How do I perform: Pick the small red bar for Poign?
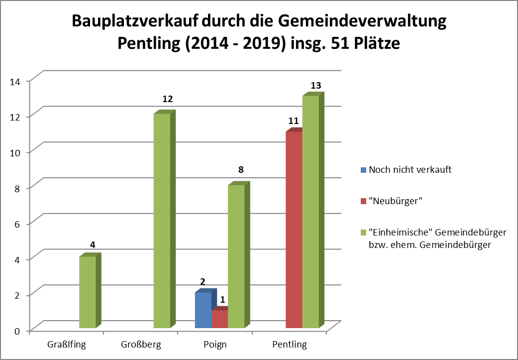coord(219,319)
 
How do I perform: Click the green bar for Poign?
coord(236,256)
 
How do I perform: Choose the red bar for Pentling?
coord(294,230)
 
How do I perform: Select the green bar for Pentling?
coord(311,212)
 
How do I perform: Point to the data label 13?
coord(315,86)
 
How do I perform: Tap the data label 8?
coord(241,170)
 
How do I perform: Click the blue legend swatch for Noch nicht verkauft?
coord(363,169)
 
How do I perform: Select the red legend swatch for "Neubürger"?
coord(363,201)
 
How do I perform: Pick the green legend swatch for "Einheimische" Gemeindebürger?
coord(363,232)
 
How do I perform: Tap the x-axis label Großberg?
coord(141,345)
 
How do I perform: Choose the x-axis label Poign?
coord(215,345)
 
